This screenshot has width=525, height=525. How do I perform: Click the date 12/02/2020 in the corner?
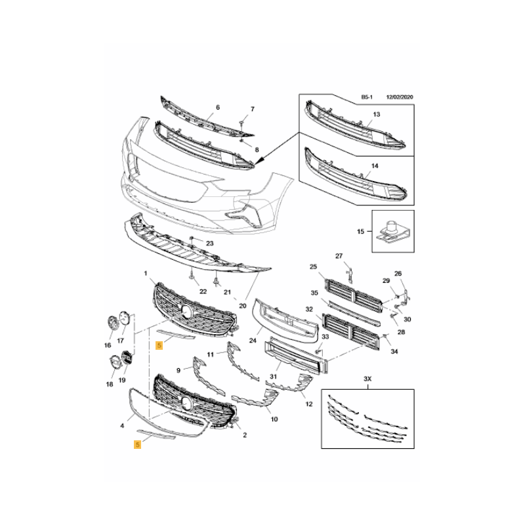pyautogui.click(x=400, y=97)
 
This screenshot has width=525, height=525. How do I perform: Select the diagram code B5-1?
pyautogui.click(x=367, y=97)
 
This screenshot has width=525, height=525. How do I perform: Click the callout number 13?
pyautogui.click(x=376, y=114)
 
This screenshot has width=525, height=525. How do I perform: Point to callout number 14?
pyautogui.click(x=375, y=166)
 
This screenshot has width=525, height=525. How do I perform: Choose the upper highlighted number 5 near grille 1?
pyautogui.click(x=159, y=345)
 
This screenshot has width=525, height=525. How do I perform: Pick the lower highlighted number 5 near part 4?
pyautogui.click(x=137, y=444)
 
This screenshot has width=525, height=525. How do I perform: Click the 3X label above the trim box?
pyautogui.click(x=367, y=379)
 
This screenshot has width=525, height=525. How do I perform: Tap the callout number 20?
pyautogui.click(x=242, y=306)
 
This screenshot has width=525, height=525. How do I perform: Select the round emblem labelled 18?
pyautogui.click(x=114, y=363)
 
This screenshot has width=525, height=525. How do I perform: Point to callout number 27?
pyautogui.click(x=339, y=256)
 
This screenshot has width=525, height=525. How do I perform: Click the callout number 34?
pyautogui.click(x=394, y=351)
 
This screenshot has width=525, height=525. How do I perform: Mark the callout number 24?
pyautogui.click(x=253, y=341)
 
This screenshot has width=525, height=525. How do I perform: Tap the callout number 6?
pyautogui.click(x=218, y=107)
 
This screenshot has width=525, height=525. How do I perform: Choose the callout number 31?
pyautogui.click(x=273, y=376)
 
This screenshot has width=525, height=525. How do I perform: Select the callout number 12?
pyautogui.click(x=308, y=404)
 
